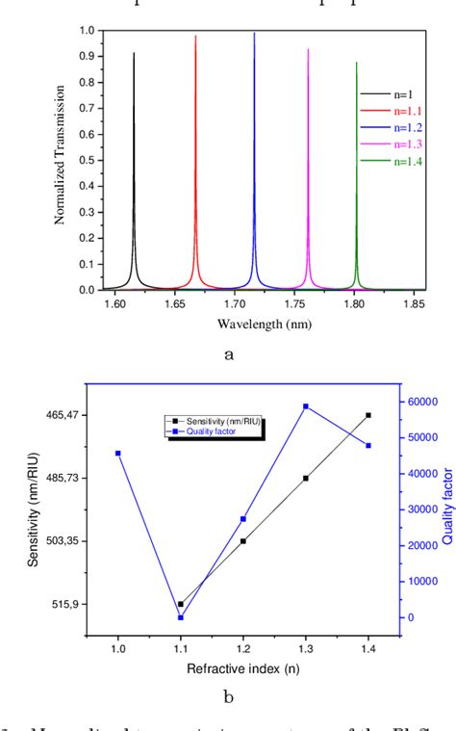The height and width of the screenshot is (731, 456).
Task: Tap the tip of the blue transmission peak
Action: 255,34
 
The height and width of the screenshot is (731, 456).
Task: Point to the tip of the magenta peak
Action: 309,49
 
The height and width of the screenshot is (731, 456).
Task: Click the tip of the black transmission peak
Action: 134,54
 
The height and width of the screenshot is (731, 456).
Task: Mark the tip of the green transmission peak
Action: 357,63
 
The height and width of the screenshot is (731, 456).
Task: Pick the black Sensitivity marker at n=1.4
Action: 367,415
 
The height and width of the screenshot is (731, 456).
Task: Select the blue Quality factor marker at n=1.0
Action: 118,453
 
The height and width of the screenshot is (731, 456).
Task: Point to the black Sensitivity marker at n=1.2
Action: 243,541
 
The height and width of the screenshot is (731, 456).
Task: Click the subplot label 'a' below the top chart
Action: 229,354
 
